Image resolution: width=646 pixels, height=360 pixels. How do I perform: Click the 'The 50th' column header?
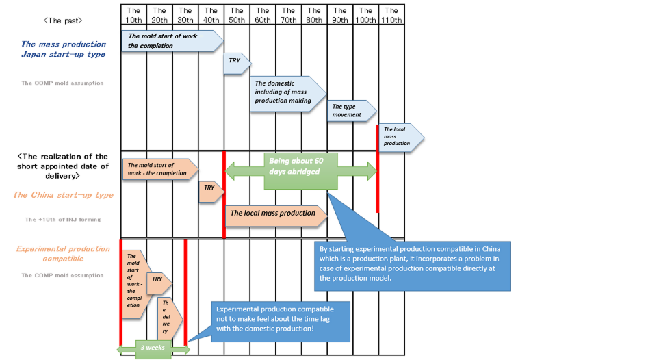(237, 15)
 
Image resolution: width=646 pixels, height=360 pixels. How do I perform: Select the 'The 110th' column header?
(391, 15)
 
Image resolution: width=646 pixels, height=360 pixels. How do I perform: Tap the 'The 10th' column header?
(134, 15)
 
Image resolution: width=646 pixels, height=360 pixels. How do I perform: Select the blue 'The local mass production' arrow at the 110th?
(400, 136)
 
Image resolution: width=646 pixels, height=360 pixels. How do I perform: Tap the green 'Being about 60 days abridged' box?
(301, 171)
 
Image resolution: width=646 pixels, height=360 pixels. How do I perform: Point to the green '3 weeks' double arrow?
(153, 348)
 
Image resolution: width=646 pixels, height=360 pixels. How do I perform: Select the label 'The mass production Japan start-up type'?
(63, 49)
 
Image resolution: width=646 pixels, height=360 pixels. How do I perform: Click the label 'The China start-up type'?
(63, 196)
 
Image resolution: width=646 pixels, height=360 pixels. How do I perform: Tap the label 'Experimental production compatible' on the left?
(63, 254)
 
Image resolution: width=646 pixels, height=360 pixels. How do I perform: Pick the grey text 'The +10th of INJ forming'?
(63, 220)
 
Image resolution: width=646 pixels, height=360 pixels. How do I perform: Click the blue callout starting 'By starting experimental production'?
(412, 263)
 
